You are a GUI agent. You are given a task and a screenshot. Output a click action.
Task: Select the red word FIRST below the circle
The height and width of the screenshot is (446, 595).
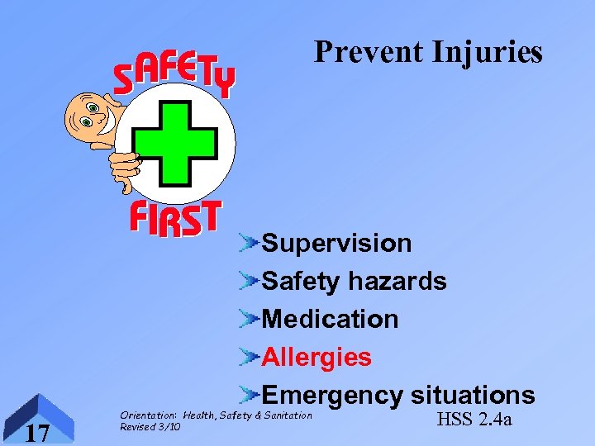click(x=175, y=218)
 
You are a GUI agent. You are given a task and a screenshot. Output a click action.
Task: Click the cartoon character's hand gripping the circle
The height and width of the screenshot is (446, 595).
click(x=126, y=168)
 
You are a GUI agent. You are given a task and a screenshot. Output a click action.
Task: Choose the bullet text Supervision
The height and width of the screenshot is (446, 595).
click(x=336, y=244)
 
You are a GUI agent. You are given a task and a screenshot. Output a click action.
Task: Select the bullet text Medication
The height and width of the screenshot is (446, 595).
click(x=330, y=319)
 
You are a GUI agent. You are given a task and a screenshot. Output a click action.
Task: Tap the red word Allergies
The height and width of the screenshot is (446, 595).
click(x=317, y=357)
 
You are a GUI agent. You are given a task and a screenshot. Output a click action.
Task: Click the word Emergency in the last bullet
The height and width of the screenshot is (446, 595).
click(x=332, y=395)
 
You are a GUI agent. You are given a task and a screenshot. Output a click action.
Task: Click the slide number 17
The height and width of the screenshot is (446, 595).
click(x=37, y=432)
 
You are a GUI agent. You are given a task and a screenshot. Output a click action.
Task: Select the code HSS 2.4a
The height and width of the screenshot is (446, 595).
click(x=474, y=420)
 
